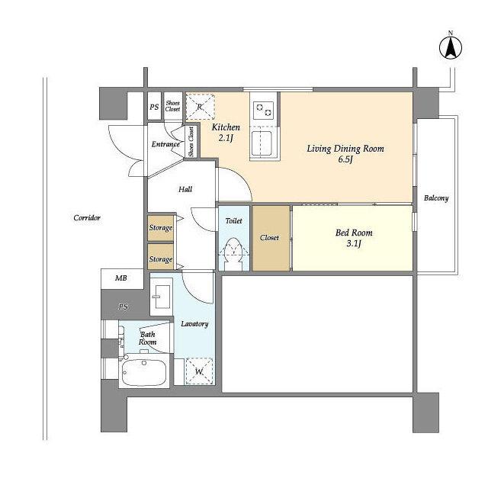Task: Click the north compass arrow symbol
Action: click(x=451, y=48)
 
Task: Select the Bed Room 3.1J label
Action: click(x=354, y=238)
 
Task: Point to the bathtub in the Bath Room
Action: click(x=144, y=372)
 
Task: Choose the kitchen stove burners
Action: click(x=264, y=110)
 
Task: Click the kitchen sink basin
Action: click(x=262, y=143)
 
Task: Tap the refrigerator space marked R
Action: click(x=200, y=107)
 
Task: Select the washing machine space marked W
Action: click(x=199, y=371)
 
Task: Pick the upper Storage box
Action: click(x=161, y=228)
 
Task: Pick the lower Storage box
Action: click(x=161, y=257)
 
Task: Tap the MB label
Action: click(x=121, y=278)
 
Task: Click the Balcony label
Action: click(x=436, y=198)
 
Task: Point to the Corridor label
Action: click(x=87, y=217)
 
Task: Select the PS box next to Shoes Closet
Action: click(x=154, y=106)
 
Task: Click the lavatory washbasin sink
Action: click(x=161, y=297)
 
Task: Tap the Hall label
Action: click(x=185, y=189)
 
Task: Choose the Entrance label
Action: click(x=165, y=144)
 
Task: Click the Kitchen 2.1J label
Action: click(x=226, y=132)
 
